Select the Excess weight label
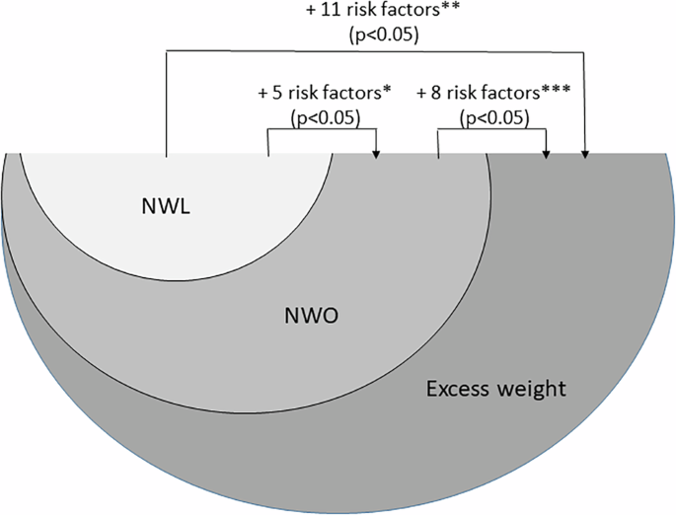click(495, 389)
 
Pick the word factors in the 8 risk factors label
click(515, 95)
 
